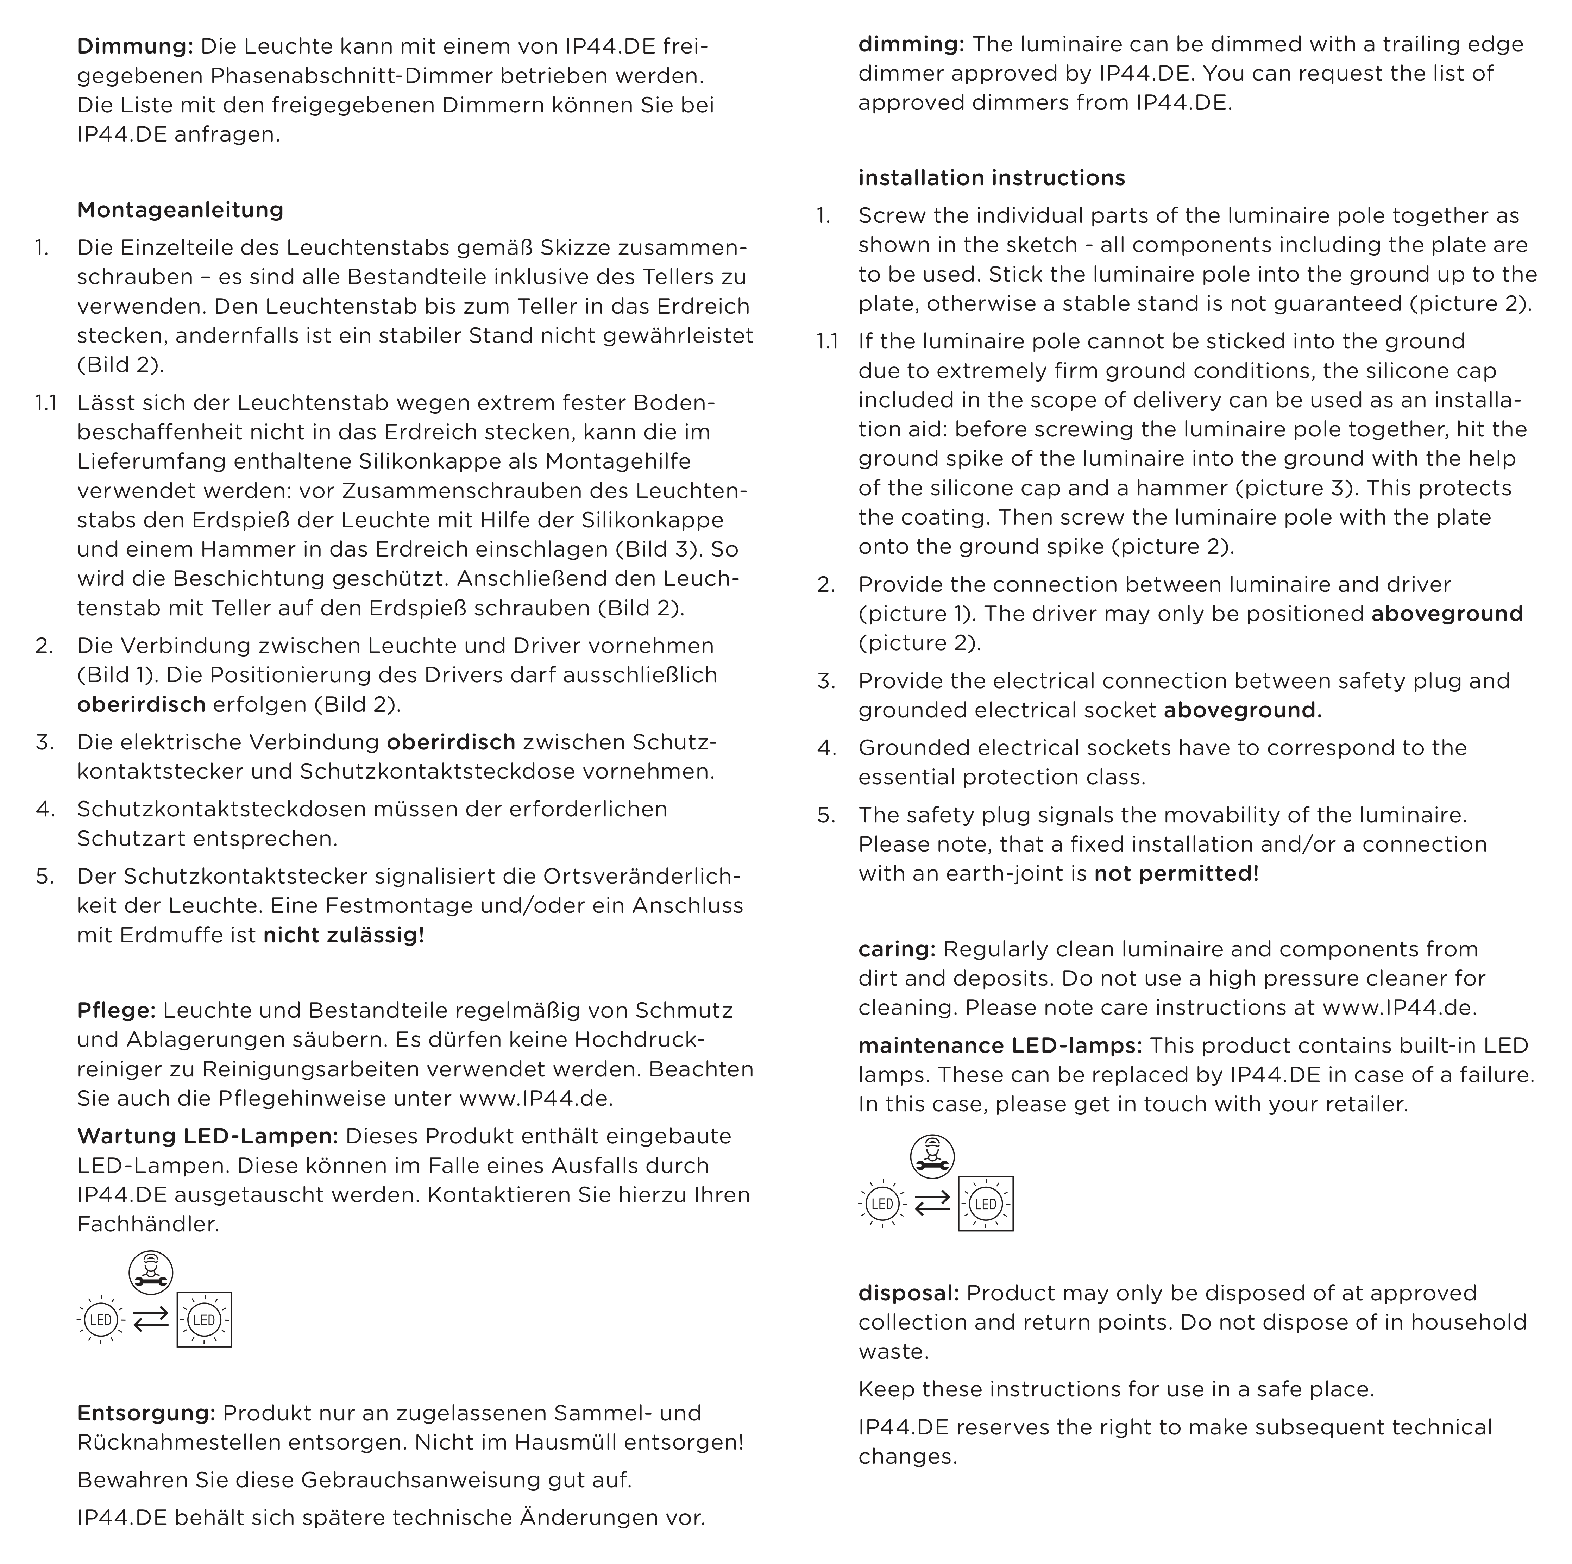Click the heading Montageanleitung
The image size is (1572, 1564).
(x=180, y=210)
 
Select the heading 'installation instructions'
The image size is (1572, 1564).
(x=991, y=178)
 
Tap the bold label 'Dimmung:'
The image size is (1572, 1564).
(x=135, y=46)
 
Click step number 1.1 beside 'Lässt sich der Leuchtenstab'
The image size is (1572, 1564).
(x=45, y=403)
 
